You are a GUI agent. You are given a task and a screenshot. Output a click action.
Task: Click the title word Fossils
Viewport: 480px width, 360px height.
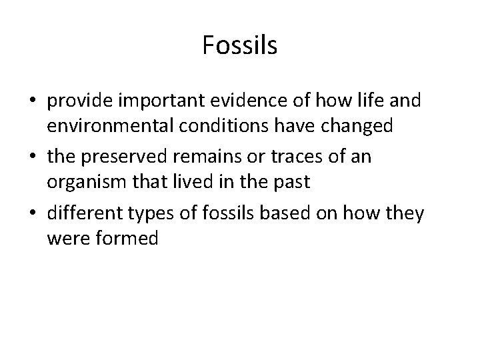pyautogui.click(x=239, y=45)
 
